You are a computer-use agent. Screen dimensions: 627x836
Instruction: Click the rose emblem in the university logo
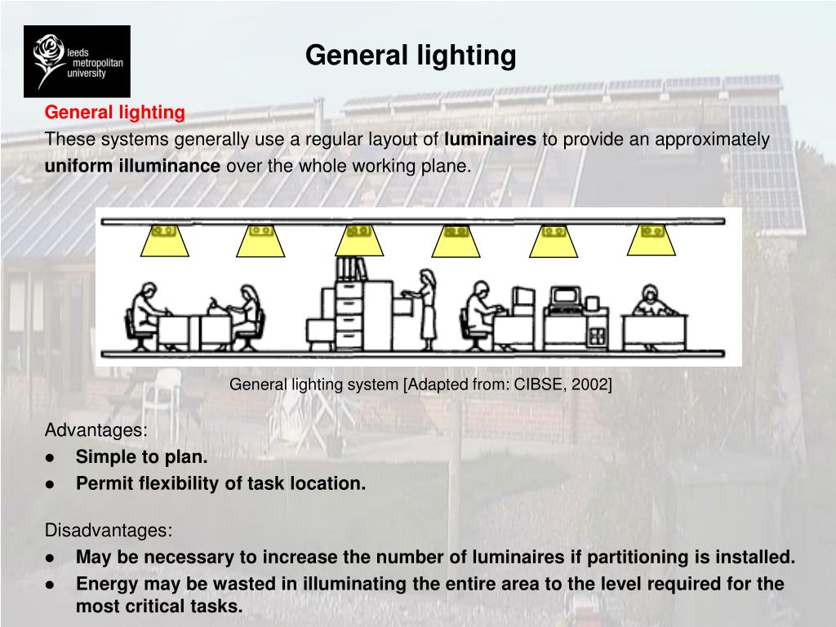(50, 59)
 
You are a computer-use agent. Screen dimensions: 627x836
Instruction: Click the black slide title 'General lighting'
(411, 56)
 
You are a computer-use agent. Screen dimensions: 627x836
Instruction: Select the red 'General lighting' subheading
(114, 112)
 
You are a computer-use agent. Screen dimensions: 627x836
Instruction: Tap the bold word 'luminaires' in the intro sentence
(490, 140)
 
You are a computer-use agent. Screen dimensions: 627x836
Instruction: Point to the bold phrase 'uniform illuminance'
(132, 167)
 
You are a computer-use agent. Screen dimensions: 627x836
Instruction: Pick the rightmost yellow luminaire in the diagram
(651, 238)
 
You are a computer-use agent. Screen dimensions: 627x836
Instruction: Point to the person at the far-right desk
(651, 301)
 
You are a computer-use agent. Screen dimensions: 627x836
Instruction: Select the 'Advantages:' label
(96, 430)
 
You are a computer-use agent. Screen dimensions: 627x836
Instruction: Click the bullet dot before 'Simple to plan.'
(51, 458)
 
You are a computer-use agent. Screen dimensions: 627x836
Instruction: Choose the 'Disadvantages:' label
(109, 531)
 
